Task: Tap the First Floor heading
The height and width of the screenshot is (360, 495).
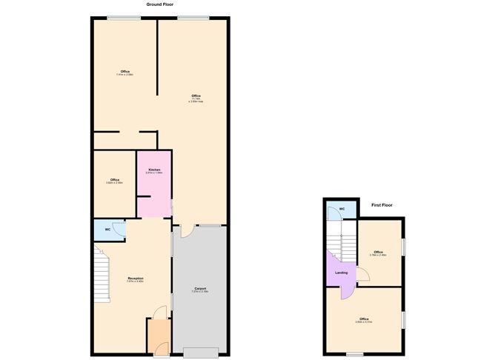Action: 381,204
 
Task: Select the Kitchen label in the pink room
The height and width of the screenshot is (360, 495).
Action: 154,170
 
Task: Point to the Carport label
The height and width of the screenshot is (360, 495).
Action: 200,288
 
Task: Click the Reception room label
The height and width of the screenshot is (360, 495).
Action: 135,279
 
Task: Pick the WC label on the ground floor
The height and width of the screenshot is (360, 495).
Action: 107,230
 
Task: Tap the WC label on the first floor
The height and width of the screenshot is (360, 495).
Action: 342,209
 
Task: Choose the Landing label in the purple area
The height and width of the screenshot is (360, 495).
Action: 342,273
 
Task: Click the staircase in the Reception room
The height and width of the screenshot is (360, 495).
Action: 102,274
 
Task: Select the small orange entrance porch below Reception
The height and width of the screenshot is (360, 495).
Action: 158,335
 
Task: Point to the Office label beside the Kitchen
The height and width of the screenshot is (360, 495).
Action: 115,180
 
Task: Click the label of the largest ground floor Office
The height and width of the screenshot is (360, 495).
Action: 196,96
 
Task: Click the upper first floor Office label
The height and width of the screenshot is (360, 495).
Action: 378,253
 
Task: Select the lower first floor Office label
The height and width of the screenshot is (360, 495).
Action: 363,319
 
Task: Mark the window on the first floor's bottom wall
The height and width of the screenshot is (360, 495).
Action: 356,354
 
